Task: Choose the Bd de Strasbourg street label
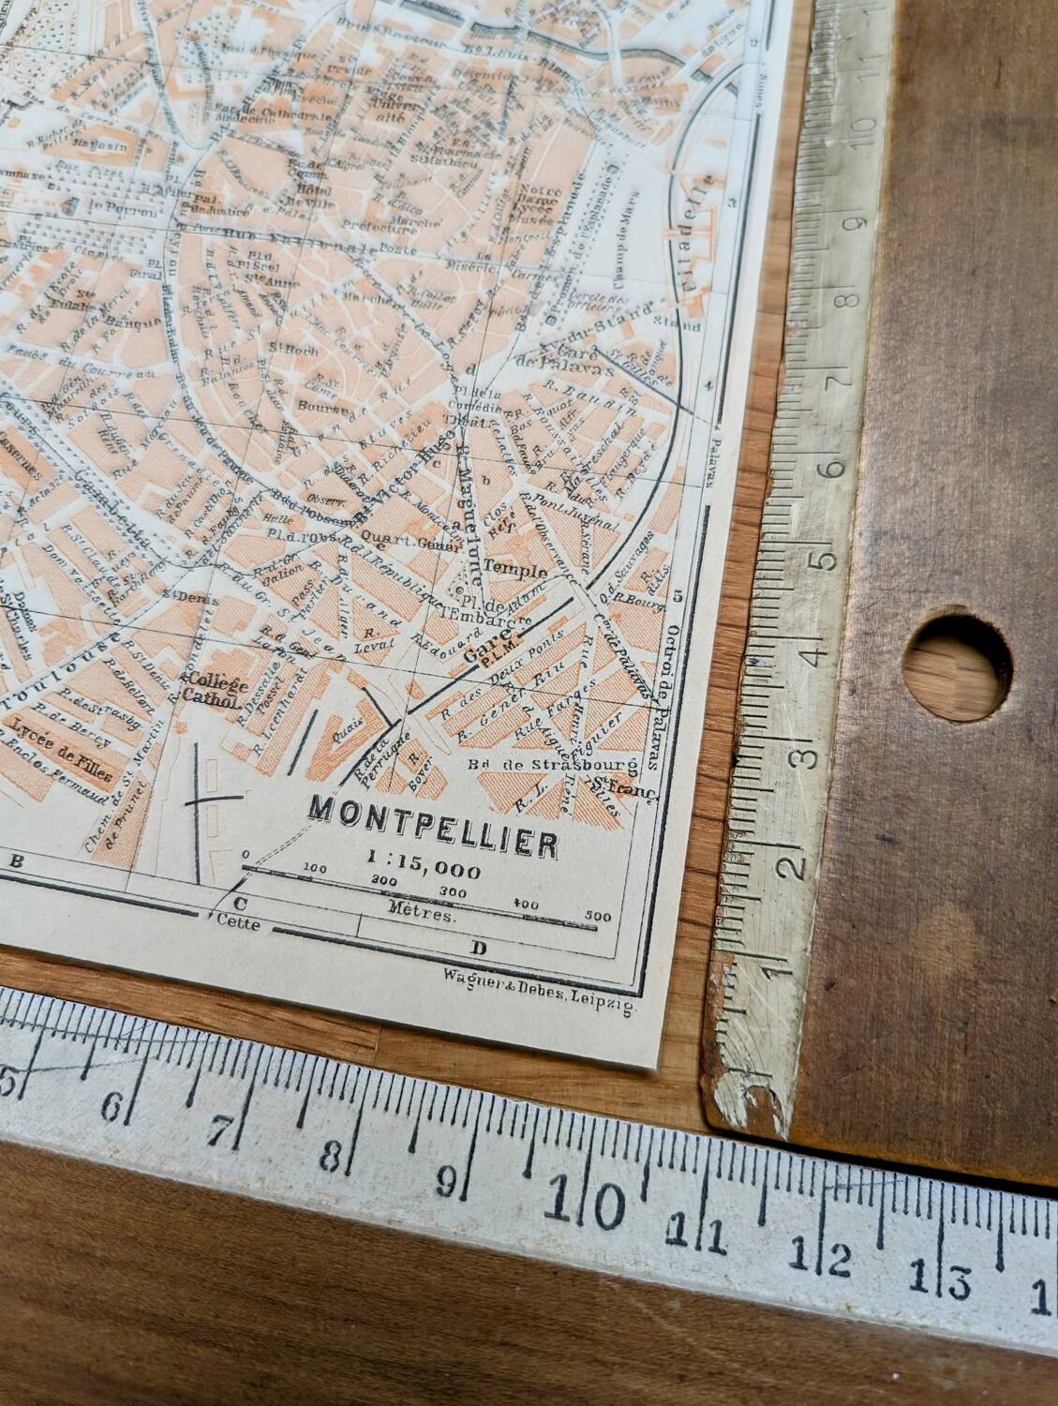(552, 765)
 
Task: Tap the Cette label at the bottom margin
(237, 923)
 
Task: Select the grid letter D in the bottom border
(479, 948)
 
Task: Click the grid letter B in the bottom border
(15, 860)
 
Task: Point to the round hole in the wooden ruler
(957, 657)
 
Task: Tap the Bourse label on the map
(314, 406)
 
